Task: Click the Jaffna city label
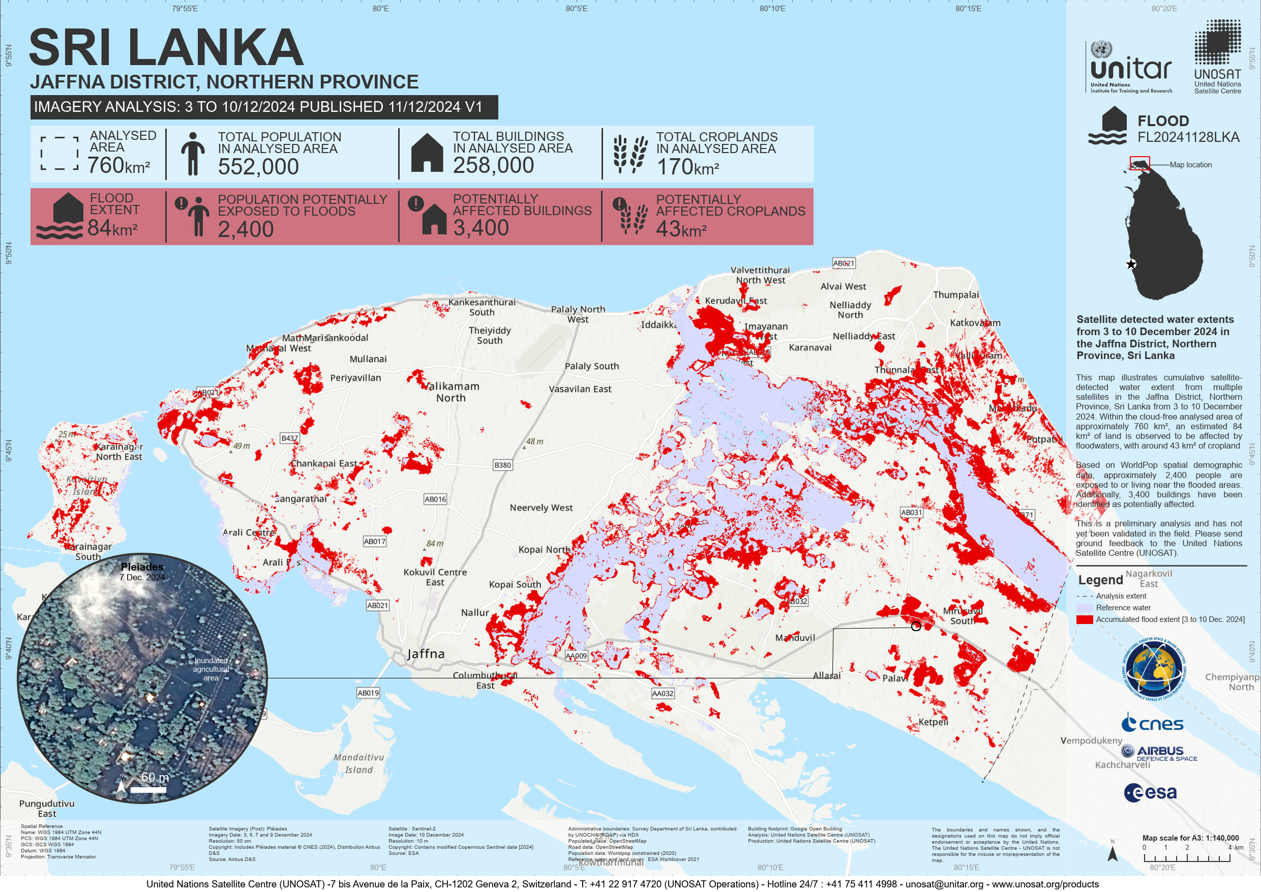[x=426, y=653]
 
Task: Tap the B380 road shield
[x=502, y=465]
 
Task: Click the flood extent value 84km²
[x=112, y=228]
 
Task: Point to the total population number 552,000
[x=258, y=167]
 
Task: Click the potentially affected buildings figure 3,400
[x=481, y=228]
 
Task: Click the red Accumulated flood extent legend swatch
[x=1084, y=619]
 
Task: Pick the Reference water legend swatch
[x=1084, y=608]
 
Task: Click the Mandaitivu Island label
[x=359, y=763]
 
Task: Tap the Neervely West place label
[x=541, y=508]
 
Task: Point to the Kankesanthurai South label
[x=482, y=307]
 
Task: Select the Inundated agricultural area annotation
[x=211, y=669]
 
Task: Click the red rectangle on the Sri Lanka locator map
[x=1139, y=163]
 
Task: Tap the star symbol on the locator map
[x=1131, y=264]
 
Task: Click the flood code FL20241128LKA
[x=1188, y=137]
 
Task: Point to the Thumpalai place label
[x=955, y=295]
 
